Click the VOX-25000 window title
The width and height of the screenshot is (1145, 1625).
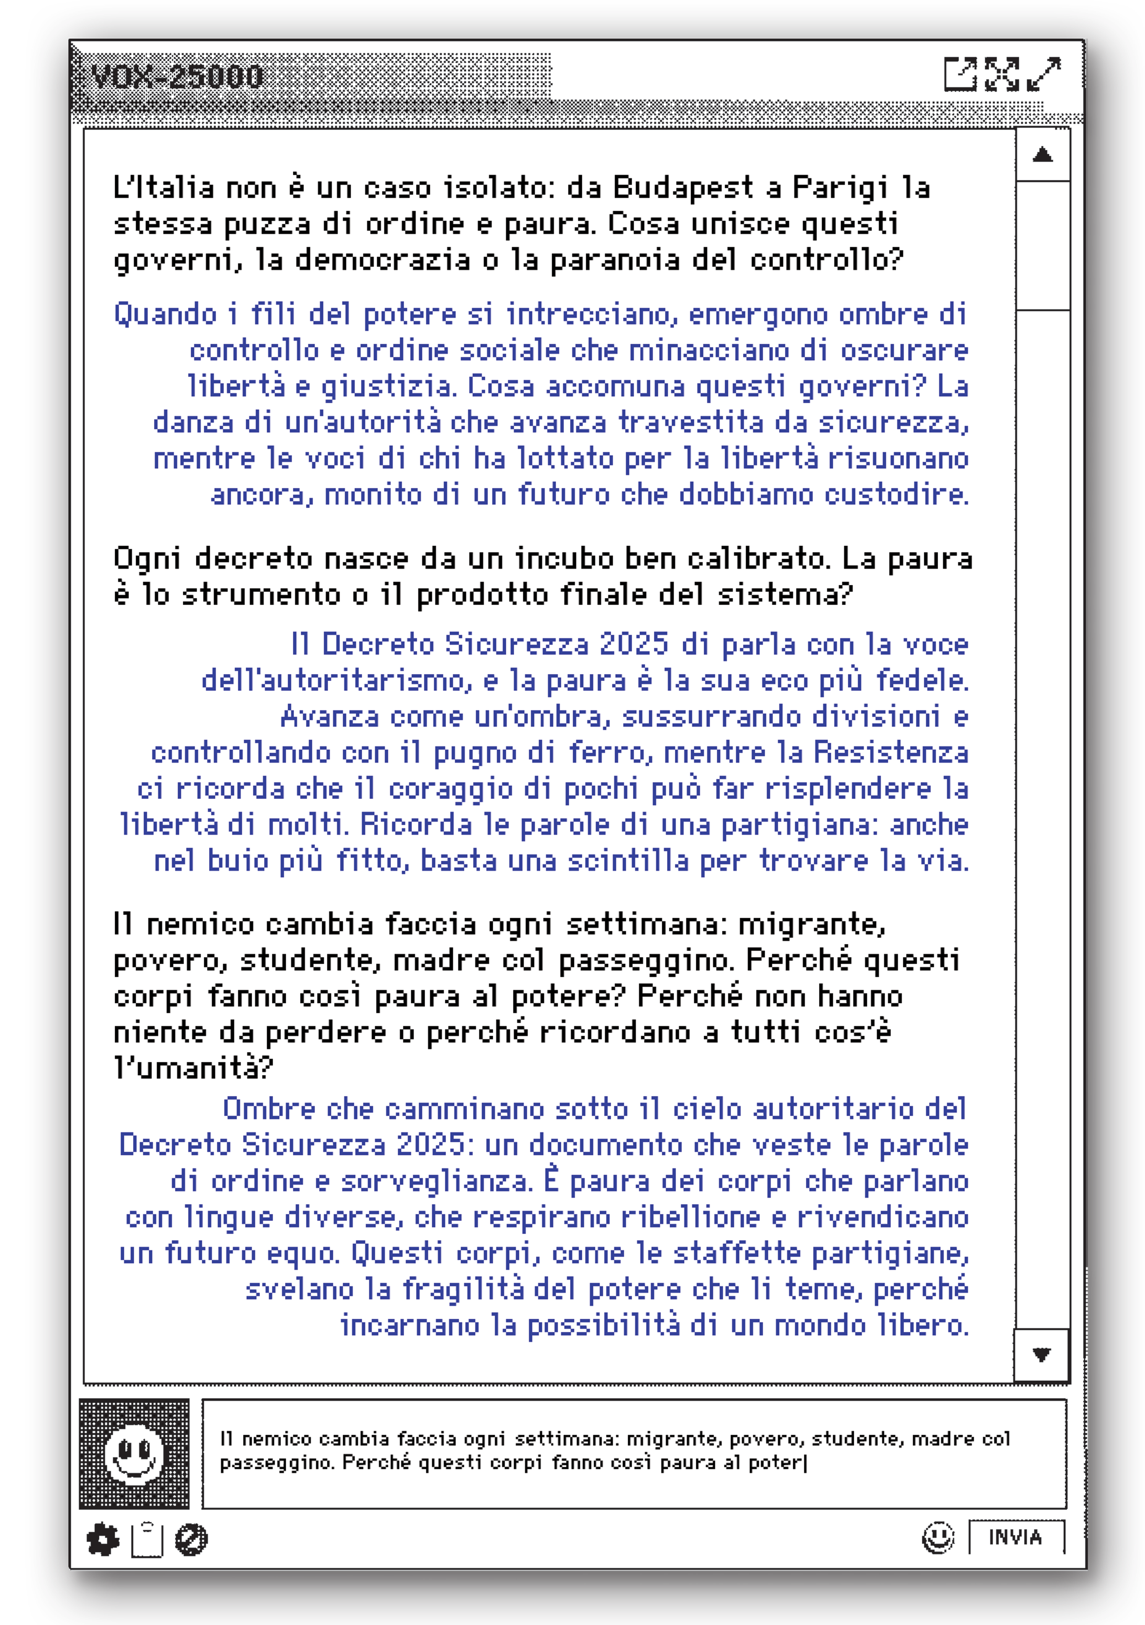coord(177,77)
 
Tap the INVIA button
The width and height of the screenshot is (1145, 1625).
coord(1016,1538)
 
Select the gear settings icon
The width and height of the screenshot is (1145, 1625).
coord(103,1540)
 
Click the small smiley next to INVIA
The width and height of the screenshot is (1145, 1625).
coord(939,1538)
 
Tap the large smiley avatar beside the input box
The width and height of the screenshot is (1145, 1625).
coord(134,1454)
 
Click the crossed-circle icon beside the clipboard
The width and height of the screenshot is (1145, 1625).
coord(191,1540)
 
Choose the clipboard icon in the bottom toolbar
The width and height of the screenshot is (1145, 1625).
coord(147,1540)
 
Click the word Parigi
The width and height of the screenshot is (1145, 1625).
coord(840,188)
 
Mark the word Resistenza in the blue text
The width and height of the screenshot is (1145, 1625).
coord(890,752)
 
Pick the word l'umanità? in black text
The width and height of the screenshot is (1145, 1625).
coord(192,1067)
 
